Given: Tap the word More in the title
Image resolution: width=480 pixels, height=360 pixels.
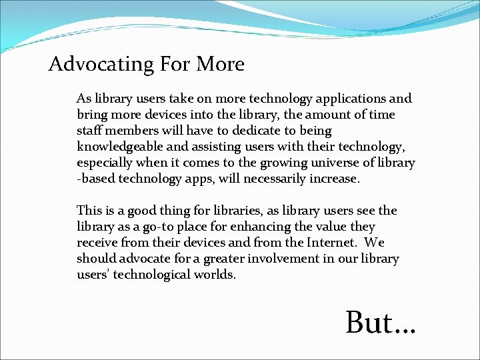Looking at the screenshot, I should (220, 65).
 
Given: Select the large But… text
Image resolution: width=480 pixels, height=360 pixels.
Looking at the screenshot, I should (381, 323).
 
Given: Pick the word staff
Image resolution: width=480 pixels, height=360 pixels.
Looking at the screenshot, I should (89, 131).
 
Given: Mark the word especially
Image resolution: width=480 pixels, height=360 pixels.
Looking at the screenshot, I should (105, 163).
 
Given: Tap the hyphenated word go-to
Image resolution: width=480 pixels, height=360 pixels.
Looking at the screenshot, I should (163, 227).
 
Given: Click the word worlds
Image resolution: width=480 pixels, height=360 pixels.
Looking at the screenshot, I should (215, 275).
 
